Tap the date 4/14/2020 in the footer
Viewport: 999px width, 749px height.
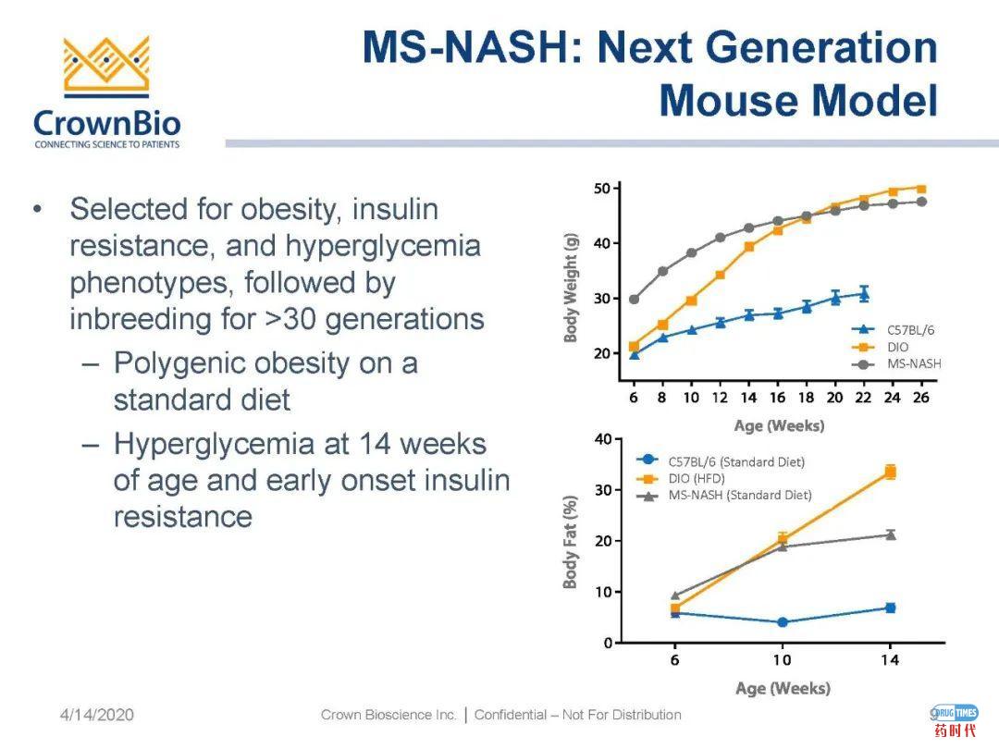pyautogui.click(x=97, y=715)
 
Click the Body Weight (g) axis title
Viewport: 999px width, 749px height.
pyautogui.click(x=571, y=287)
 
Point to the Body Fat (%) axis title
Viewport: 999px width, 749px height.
pyautogui.click(x=571, y=541)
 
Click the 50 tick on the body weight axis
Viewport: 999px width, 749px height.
pyautogui.click(x=601, y=189)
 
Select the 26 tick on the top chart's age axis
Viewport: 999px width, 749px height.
pyautogui.click(x=920, y=398)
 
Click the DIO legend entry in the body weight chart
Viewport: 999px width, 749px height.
pyautogui.click(x=897, y=347)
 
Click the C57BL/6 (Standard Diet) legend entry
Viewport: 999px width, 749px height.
pyautogui.click(x=735, y=461)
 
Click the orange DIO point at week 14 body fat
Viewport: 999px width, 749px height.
pyautogui.click(x=890, y=472)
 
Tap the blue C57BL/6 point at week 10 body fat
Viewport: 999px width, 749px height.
pyautogui.click(x=783, y=622)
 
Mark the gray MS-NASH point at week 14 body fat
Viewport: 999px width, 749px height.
pyautogui.click(x=890, y=534)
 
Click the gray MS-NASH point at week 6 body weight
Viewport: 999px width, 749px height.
pyautogui.click(x=634, y=300)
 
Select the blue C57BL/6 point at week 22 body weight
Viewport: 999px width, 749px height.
pyautogui.click(x=864, y=294)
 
